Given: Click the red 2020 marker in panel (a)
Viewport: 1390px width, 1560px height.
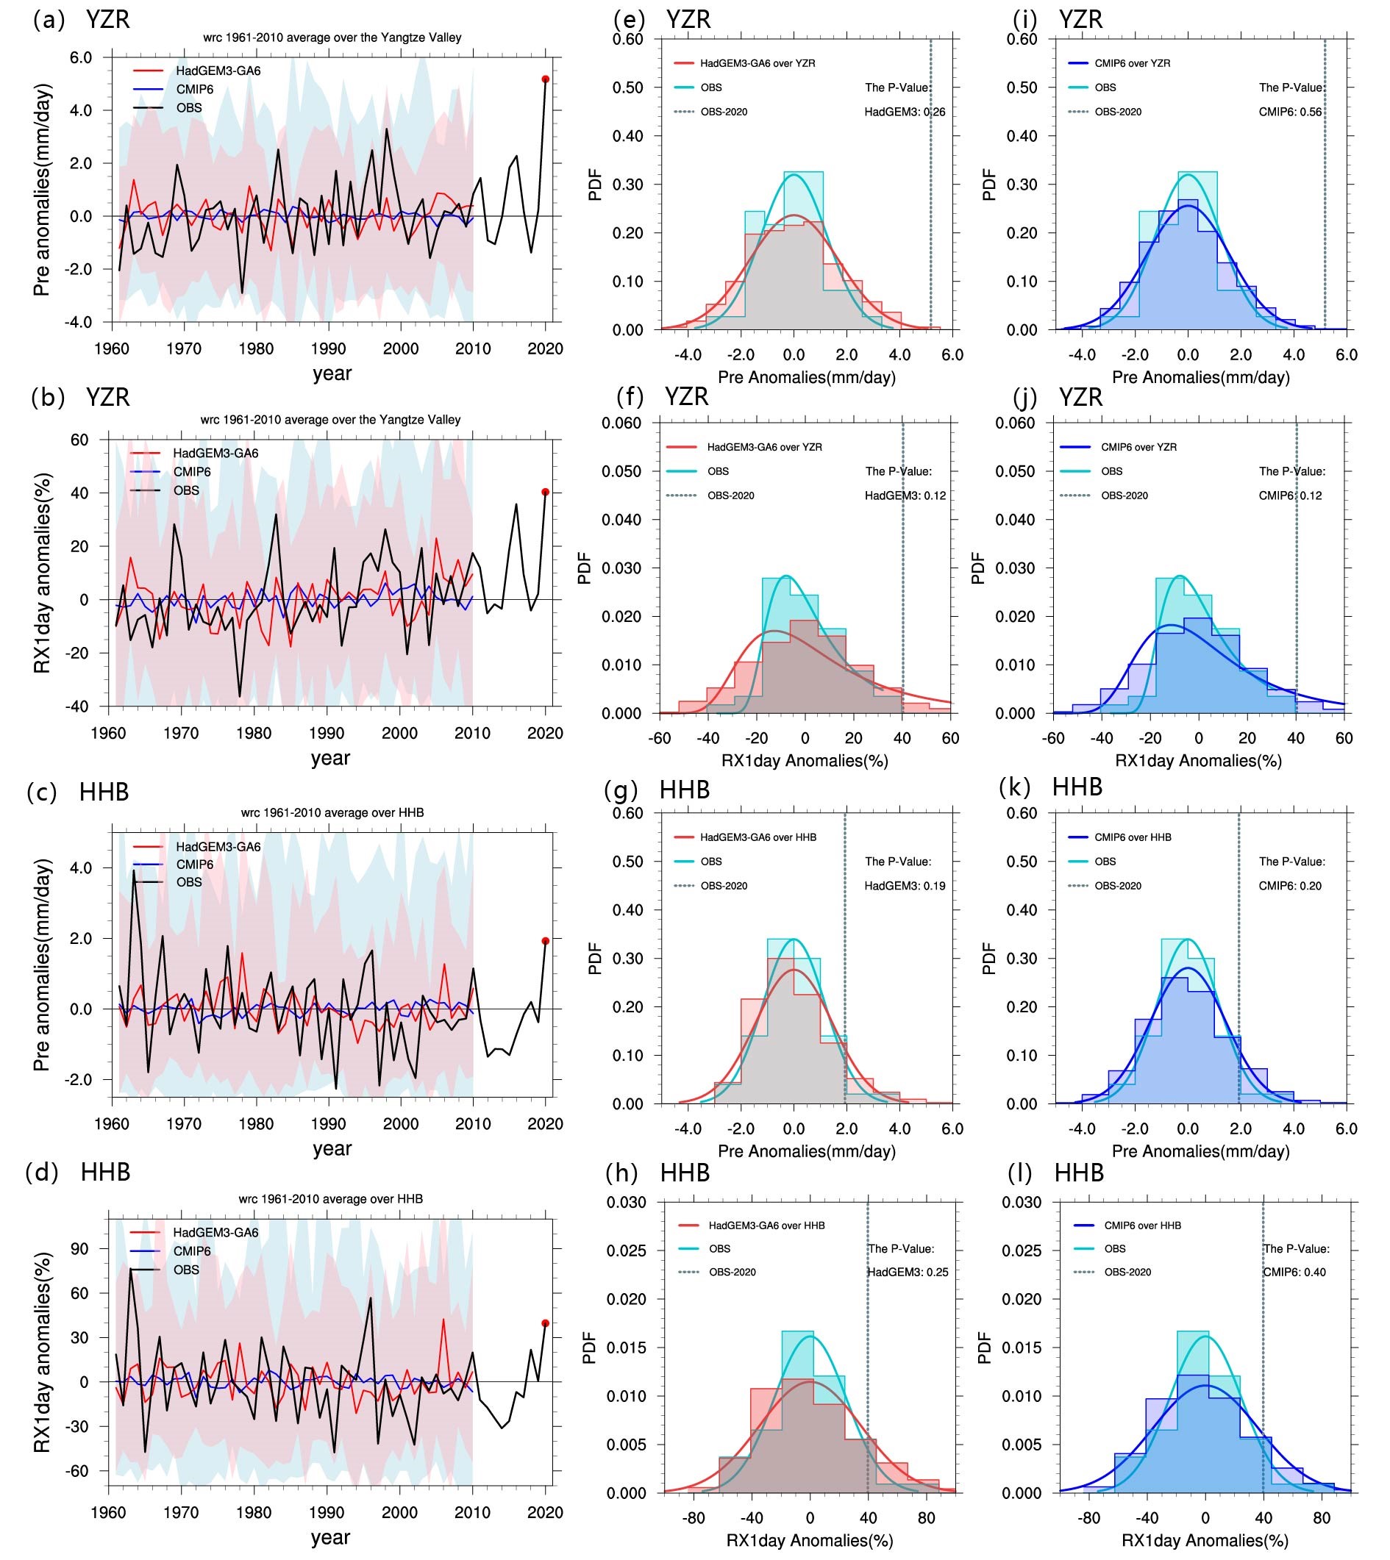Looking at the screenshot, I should (545, 79).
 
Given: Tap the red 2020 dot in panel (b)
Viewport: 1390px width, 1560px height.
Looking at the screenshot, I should (545, 492).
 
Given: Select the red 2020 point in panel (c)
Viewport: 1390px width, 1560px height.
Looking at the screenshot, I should (545, 941).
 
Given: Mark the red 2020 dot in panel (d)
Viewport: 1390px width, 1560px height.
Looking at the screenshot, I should (545, 1323).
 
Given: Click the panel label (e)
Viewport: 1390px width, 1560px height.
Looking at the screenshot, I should (630, 20).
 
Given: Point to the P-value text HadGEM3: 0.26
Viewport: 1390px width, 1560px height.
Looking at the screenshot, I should (905, 112).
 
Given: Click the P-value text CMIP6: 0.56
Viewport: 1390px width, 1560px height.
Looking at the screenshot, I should (1290, 112).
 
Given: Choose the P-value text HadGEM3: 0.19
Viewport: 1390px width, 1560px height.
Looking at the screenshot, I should (905, 886).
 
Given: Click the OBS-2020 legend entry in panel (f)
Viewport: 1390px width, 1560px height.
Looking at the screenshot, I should (730, 495).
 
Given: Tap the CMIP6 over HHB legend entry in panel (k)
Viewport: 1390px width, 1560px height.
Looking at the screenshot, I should (1133, 837).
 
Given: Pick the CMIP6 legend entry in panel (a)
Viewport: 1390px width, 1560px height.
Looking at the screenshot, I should (195, 90).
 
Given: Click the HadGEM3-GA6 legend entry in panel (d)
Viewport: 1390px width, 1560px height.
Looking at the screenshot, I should (215, 1232).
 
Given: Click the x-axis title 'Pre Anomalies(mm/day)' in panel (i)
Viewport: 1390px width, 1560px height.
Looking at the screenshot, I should (1200, 377).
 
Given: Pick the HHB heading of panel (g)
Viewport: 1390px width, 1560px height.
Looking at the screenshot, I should (685, 789).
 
